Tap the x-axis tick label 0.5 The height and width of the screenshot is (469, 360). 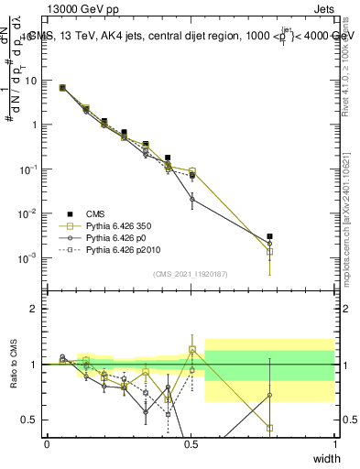191,443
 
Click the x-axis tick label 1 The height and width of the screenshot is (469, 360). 335,443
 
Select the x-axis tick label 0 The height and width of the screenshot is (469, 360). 47,443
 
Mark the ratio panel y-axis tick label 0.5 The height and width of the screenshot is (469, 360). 32,420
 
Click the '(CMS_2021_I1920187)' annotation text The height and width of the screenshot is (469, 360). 190,274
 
